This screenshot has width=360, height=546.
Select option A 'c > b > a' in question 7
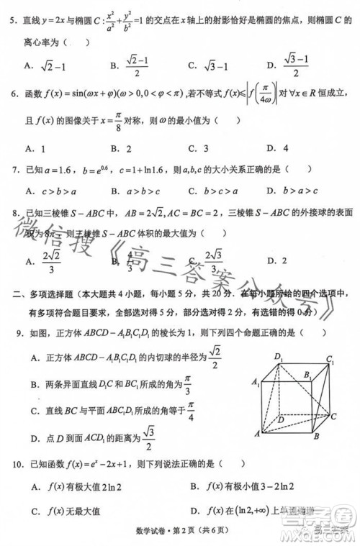coord(54,191)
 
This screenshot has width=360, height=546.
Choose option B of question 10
coord(234,487)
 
